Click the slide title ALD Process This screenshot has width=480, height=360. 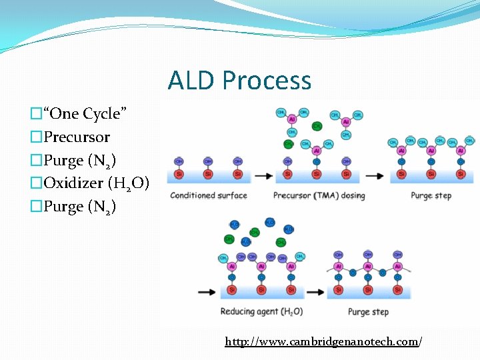(239, 81)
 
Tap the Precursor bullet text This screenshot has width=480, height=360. (77, 137)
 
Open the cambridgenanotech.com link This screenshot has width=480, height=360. (323, 342)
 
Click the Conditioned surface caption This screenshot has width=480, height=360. (208, 195)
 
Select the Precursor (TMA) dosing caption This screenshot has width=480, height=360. (319, 195)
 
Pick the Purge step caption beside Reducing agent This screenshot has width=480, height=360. (367, 311)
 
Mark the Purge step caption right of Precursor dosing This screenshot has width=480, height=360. (431, 195)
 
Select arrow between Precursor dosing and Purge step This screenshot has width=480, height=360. (375, 176)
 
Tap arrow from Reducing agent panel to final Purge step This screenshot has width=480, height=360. (317, 292)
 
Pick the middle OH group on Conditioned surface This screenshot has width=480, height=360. (208, 161)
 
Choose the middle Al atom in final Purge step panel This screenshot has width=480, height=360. (368, 266)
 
